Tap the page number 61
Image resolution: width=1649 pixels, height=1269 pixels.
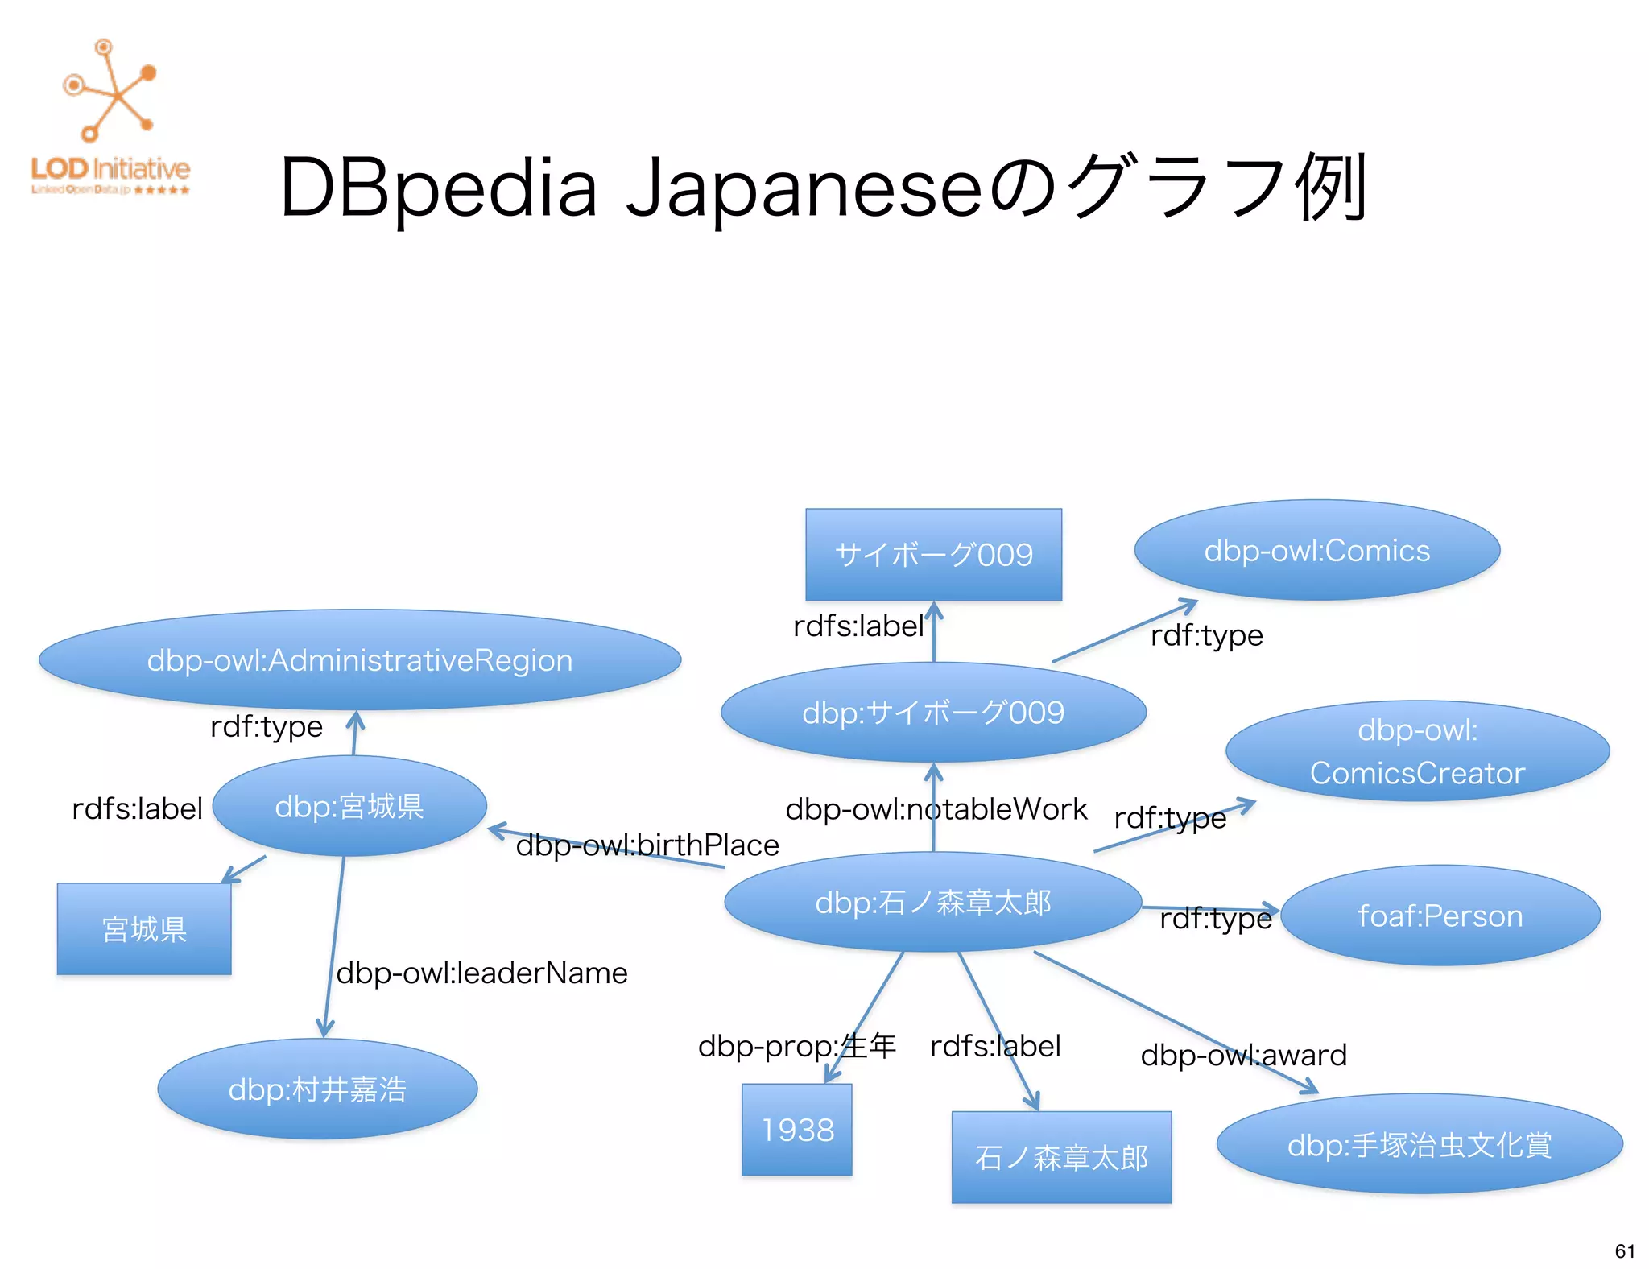[x=1625, y=1250]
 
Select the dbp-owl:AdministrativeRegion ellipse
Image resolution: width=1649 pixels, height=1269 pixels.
[x=360, y=659]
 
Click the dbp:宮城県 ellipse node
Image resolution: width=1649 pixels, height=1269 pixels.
[x=349, y=806]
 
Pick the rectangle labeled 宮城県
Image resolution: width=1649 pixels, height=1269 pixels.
[x=144, y=929]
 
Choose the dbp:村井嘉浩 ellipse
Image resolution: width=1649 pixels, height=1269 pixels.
[x=317, y=1089]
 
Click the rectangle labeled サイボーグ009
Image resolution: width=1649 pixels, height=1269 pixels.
[x=933, y=555]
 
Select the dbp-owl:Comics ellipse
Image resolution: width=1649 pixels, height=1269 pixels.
[x=1316, y=551]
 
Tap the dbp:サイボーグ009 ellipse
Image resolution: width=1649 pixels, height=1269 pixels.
[x=933, y=713]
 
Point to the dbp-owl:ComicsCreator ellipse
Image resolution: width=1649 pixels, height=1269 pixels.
[x=1417, y=751]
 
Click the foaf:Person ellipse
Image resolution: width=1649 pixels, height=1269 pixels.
[x=1440, y=916]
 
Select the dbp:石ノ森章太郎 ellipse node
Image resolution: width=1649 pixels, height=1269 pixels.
[x=932, y=903]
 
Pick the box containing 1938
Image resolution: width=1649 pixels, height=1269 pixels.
[x=797, y=1130]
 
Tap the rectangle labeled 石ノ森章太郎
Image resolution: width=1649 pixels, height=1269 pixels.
[x=1061, y=1157]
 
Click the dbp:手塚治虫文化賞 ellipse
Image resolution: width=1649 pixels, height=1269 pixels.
[x=1419, y=1144]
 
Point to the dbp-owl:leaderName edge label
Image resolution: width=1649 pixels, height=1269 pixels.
[x=481, y=973]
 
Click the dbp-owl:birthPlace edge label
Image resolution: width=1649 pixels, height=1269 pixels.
[x=647, y=845]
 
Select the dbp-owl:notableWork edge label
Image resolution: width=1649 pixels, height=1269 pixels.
[x=936, y=808]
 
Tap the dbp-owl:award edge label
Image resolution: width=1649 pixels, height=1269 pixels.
[x=1243, y=1055]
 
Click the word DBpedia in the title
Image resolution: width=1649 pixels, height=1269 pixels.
[x=438, y=188]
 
